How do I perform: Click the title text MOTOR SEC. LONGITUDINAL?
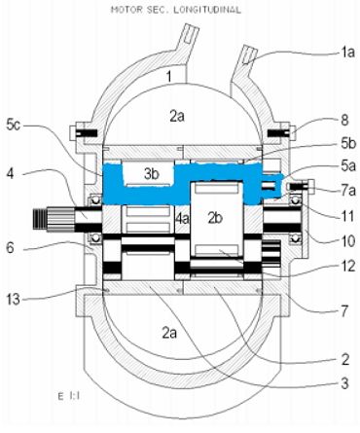pos(176,10)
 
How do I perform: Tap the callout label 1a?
pos(346,52)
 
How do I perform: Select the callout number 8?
pos(344,120)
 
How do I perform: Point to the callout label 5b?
pos(348,144)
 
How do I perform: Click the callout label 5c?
pos(13,125)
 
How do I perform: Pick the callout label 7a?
pos(348,191)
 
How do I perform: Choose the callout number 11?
pos(346,216)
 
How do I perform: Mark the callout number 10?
pos(347,241)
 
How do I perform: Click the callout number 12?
pos(347,267)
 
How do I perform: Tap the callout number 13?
pos(14,299)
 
